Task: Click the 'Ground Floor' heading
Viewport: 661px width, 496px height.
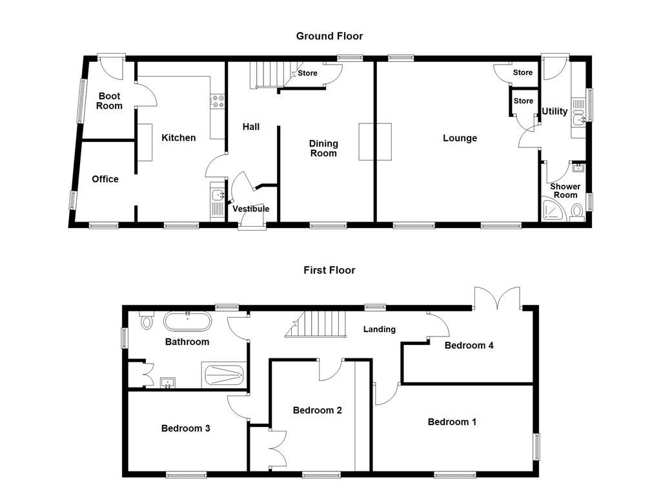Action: [x=329, y=36]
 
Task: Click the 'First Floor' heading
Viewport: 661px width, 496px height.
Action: [x=329, y=270]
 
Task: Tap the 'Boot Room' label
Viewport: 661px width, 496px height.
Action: [x=109, y=101]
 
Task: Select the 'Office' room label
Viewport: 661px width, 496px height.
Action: [x=105, y=179]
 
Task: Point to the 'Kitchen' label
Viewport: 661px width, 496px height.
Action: [x=178, y=138]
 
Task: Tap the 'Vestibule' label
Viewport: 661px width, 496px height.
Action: [x=250, y=209]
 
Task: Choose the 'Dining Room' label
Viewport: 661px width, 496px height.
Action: [x=323, y=149]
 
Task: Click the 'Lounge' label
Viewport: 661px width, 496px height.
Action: [x=460, y=138]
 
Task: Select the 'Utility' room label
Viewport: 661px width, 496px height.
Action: [x=554, y=111]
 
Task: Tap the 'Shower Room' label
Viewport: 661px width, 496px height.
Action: [x=565, y=191]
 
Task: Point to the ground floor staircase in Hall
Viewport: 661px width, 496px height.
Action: [x=267, y=74]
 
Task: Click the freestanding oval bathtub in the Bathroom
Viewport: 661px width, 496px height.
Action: [x=187, y=321]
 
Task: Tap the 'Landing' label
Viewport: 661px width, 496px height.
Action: [x=379, y=329]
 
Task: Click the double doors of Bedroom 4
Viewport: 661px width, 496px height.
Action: [x=496, y=298]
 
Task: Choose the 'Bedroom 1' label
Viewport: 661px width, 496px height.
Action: [x=452, y=422]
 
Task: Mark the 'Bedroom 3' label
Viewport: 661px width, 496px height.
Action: [x=185, y=428]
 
